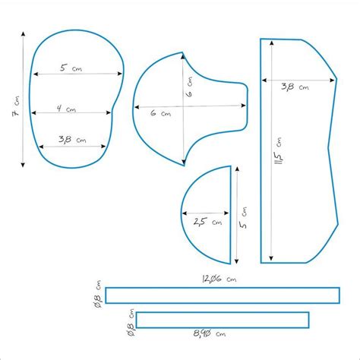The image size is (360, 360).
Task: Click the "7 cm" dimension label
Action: coord(16,106)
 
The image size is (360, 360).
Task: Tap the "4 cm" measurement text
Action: coord(66,109)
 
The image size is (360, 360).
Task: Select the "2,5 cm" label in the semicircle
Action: coord(207,222)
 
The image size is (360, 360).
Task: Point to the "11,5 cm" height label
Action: coord(278,151)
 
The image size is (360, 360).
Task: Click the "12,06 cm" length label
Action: coord(219,279)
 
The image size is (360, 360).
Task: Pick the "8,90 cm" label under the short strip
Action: coord(210,333)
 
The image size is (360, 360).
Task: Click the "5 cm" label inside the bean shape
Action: coord(71,68)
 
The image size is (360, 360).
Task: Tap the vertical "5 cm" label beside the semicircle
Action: coord(243,218)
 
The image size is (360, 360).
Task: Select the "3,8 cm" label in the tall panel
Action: coord(295,87)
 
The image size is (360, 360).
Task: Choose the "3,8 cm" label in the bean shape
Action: coord(72,139)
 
